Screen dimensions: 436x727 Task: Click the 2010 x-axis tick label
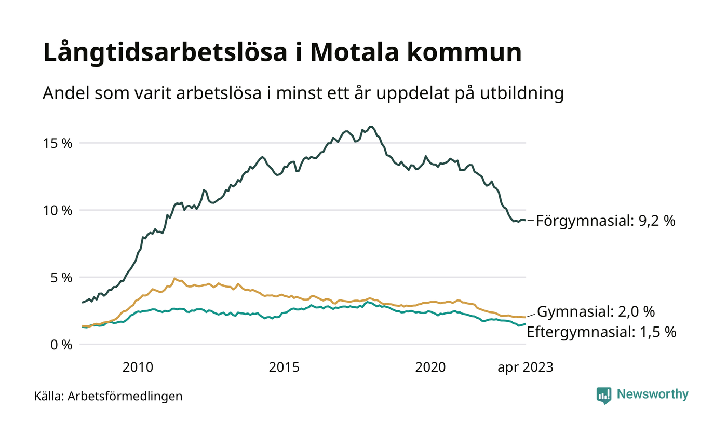[138, 367]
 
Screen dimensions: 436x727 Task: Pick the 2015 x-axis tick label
[284, 367]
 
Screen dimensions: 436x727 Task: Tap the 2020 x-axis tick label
[430, 367]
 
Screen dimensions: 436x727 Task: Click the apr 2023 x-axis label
[525, 367]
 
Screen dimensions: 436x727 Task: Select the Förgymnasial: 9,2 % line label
[605, 221]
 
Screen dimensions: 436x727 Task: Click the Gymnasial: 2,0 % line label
[595, 312]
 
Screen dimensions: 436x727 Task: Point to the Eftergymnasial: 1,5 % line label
[601, 332]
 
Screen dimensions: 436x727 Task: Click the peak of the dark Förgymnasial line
[370, 127]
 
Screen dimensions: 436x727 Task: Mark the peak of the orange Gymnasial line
[174, 278]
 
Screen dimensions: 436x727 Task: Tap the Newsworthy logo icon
[604, 395]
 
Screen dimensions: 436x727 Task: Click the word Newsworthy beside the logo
[652, 394]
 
